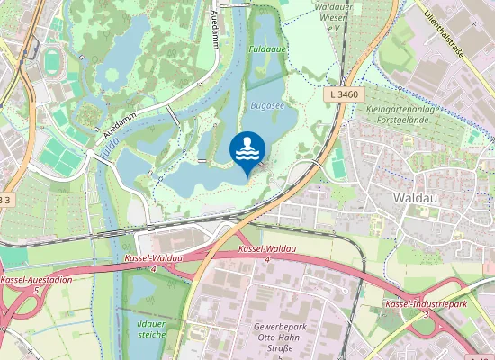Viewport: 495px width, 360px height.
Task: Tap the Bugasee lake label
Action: click(268, 105)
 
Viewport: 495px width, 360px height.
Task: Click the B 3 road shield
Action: click(7, 198)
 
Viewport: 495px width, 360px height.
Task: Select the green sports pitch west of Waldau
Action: click(337, 166)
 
